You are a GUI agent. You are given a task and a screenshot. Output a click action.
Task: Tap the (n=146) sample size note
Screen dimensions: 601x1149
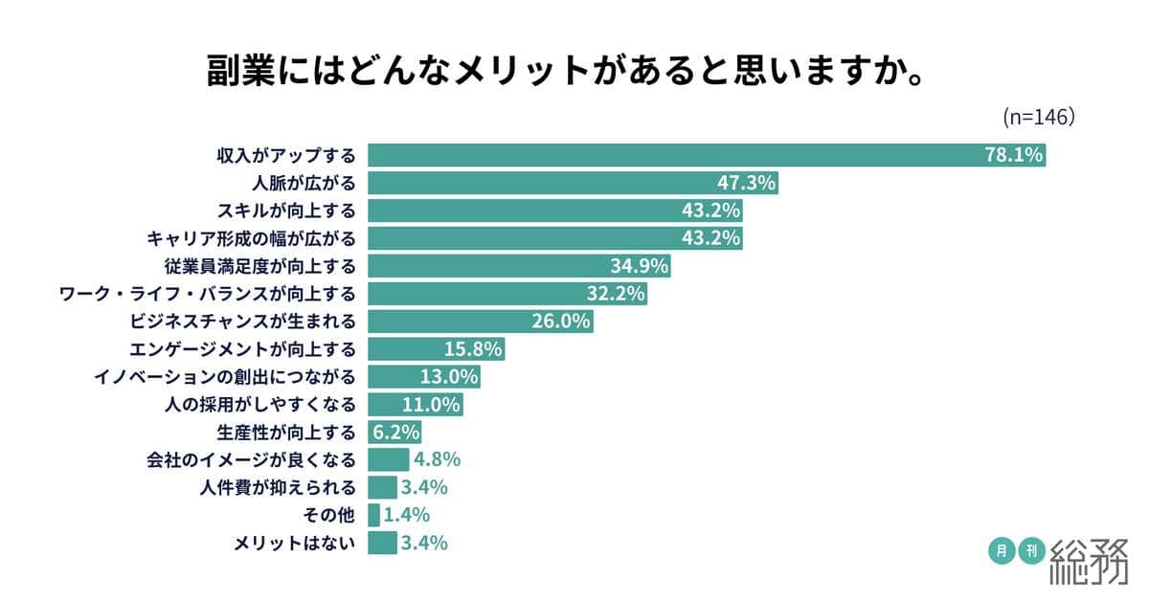[x=1037, y=117]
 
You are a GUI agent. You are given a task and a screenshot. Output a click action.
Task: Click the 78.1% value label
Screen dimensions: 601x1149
[x=1013, y=155]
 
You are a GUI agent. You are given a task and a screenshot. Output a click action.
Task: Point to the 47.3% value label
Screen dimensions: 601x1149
[x=746, y=183]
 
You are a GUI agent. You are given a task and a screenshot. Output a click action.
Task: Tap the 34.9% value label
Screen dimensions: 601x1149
[x=639, y=266]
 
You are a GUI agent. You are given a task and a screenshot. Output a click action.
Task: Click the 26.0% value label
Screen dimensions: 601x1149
[x=561, y=322]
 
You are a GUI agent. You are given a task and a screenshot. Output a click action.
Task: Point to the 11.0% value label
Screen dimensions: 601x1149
[x=432, y=405]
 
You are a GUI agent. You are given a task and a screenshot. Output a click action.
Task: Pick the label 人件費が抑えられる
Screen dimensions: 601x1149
[x=279, y=488]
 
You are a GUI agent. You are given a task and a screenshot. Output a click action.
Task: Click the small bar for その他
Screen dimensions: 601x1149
[x=374, y=516]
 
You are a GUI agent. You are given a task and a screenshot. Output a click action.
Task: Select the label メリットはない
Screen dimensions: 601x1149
[x=295, y=544]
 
